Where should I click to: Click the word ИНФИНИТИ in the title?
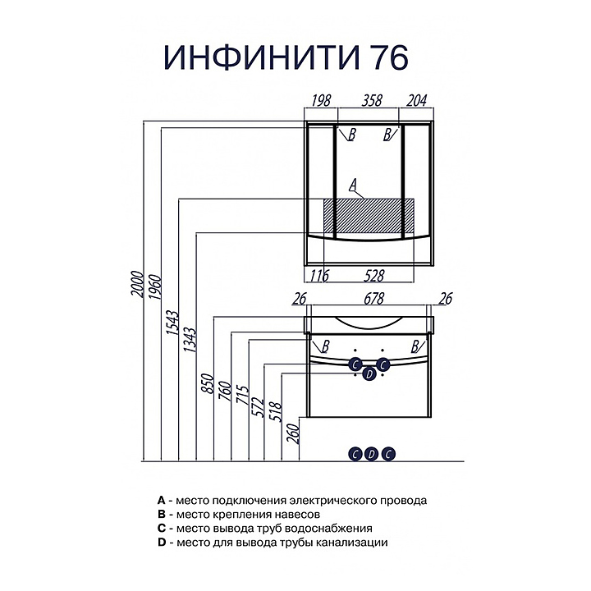(261, 57)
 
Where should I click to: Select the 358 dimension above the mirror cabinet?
(372, 101)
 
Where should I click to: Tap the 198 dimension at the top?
(321, 101)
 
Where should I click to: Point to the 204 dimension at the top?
(417, 101)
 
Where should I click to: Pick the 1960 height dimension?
(156, 287)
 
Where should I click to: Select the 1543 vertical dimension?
(173, 323)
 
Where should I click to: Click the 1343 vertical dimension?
(190, 340)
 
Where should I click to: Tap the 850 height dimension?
(208, 383)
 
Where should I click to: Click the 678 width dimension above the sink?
(374, 299)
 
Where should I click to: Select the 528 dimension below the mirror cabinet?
(374, 277)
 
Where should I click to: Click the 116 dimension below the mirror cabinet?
(319, 277)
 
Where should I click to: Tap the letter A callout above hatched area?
(353, 185)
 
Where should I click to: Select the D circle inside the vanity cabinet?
(369, 374)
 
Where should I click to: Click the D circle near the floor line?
(372, 454)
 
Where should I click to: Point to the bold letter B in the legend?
(162, 514)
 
